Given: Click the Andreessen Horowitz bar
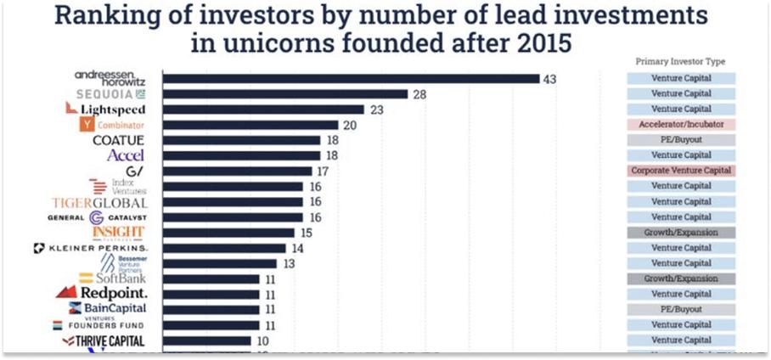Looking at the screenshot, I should coord(351,79).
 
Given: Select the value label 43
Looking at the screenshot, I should coord(549,79).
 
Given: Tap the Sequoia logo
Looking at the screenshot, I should coord(111,93).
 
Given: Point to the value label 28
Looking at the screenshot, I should coord(419,94).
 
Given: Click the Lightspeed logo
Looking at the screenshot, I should coord(106,110).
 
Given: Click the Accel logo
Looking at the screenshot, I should coord(126,155).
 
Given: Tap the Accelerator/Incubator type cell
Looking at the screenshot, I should coord(681,125).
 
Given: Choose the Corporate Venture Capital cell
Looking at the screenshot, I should coord(681,171).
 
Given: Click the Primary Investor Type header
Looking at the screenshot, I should coord(680,62).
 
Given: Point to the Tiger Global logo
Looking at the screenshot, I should coord(99,203).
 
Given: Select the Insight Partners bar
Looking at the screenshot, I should coord(228,233).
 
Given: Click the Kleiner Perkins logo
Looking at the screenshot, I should coord(91,248).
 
